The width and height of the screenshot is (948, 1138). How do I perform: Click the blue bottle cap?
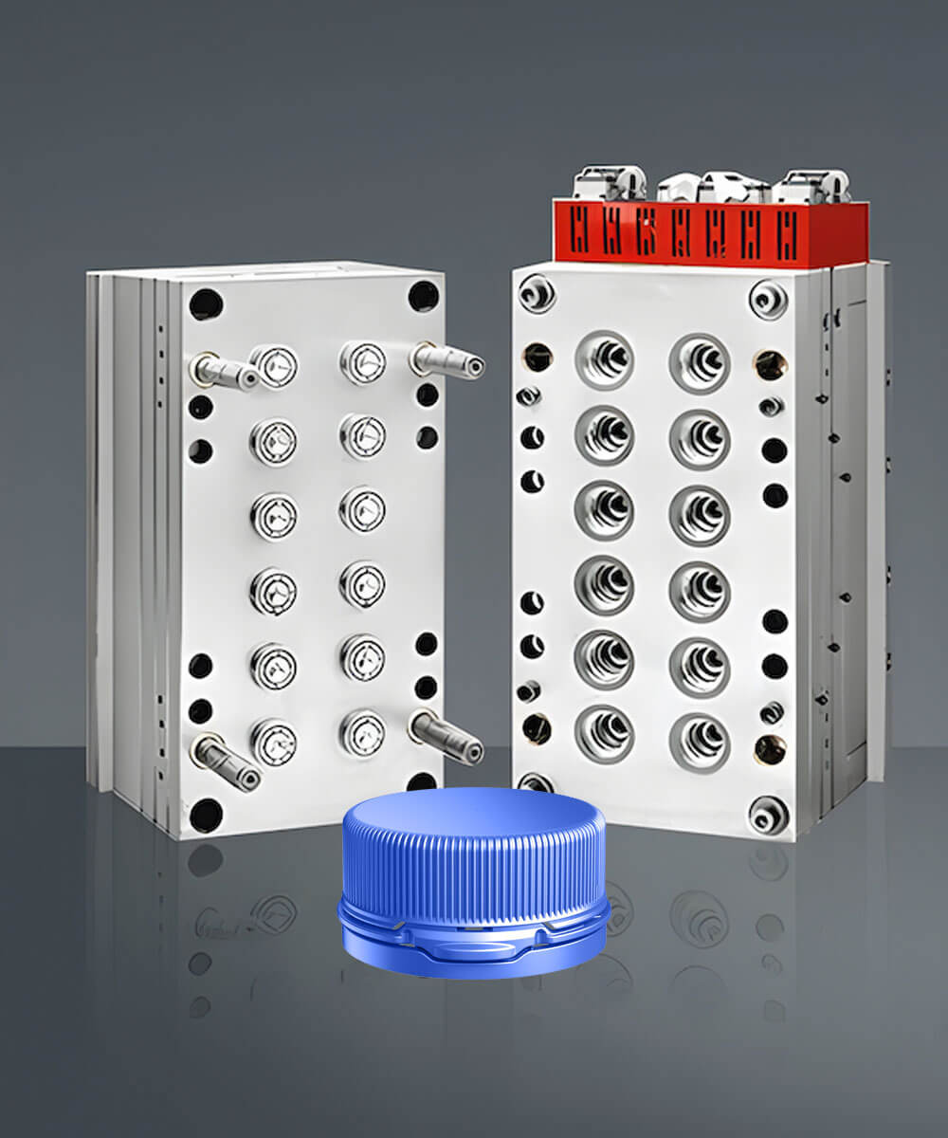(474, 882)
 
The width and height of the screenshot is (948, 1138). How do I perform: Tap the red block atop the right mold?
(711, 231)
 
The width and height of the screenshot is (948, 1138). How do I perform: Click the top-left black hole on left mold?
(206, 304)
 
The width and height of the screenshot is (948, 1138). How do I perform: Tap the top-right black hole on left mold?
(424, 296)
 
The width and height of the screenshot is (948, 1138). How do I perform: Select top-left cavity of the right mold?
(605, 360)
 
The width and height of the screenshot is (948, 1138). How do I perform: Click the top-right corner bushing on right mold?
(768, 300)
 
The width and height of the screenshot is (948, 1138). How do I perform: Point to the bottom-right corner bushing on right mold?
(768, 815)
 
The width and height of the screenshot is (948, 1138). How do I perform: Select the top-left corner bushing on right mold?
(537, 293)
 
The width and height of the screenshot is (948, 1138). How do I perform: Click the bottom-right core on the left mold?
(363, 733)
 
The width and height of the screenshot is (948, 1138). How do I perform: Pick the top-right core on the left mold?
(363, 363)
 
